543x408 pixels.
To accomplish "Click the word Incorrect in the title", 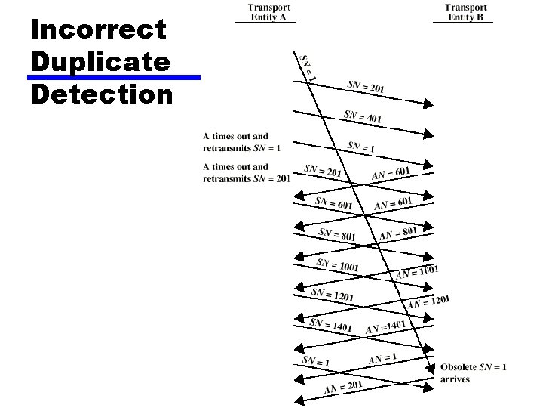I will tap(97, 30).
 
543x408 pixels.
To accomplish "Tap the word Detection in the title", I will tap(102, 94).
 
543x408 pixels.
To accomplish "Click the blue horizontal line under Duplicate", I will tap(114, 77).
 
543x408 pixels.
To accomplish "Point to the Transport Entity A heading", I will tap(265, 13).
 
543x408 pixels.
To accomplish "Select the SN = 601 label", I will tap(333, 204).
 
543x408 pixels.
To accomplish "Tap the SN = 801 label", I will tap(336, 235).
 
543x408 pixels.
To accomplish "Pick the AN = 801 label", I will tap(398, 233).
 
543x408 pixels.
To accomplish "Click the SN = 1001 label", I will tap(337, 265).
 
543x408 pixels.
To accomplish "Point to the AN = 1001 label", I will tap(417, 271).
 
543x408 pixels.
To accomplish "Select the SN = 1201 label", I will tap(332, 295).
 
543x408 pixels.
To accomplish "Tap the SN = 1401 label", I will tap(331, 325).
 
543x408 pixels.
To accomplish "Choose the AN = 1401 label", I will tap(385, 327).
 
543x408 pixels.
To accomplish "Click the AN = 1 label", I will tap(383, 358).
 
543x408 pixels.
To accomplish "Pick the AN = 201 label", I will tap(343, 387).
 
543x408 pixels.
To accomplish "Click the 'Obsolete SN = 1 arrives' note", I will tap(473, 373).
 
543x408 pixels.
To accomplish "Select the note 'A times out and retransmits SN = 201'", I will tap(246, 173).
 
